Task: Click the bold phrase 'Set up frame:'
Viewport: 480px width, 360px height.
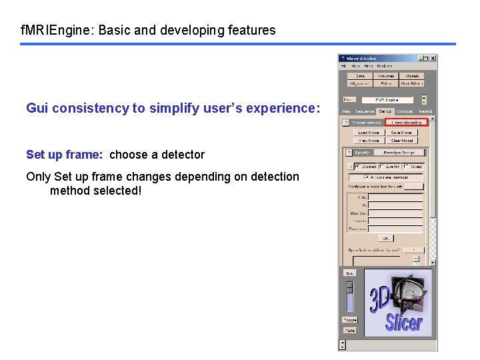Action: click(x=65, y=155)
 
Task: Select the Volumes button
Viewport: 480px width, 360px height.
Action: click(x=386, y=76)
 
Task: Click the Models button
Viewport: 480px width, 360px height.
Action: click(x=412, y=76)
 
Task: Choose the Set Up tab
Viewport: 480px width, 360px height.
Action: click(x=385, y=111)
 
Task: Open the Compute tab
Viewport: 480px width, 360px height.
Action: click(x=405, y=111)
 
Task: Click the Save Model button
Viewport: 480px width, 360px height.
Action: click(x=401, y=133)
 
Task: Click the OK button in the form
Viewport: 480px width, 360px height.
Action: click(x=385, y=238)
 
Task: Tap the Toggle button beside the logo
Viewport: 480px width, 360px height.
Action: click(x=349, y=320)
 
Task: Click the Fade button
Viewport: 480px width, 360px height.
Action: click(x=349, y=330)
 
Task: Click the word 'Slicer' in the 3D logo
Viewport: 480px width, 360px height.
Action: click(x=403, y=322)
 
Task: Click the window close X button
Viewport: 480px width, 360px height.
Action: click(x=433, y=59)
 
